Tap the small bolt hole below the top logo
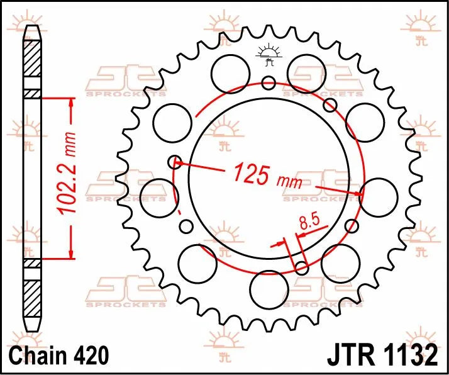[x=269, y=82]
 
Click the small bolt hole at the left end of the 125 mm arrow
[x=175, y=162]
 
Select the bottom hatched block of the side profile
[x=32, y=293]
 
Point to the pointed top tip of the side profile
[x=32, y=27]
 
